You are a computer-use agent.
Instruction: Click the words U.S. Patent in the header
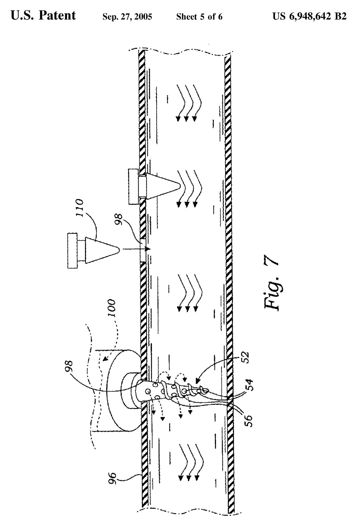point(43,16)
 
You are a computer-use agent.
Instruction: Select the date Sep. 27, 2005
point(127,17)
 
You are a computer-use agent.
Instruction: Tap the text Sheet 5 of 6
point(199,17)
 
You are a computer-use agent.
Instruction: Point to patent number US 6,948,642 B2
point(310,16)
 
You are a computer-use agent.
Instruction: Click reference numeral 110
point(80,208)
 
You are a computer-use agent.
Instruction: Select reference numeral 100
point(111,308)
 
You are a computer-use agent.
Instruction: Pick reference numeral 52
point(246,357)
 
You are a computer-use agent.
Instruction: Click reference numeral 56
point(248,421)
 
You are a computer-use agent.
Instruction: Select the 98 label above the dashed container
point(70,366)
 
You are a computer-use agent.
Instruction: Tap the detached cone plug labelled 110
point(102,250)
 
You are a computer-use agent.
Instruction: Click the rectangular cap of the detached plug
point(72,251)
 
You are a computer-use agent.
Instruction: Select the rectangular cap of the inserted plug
point(133,187)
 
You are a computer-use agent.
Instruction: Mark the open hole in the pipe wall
point(143,250)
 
